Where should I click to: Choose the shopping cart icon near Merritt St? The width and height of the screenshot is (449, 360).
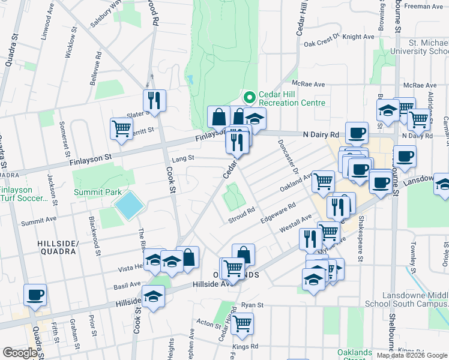click(121, 128)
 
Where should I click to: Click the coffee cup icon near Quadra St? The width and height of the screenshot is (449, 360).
click(35, 295)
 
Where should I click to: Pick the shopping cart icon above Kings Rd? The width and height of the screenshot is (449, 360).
click(243, 323)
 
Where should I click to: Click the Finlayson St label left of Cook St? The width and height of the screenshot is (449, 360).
click(91, 157)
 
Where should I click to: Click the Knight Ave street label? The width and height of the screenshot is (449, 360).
click(359, 37)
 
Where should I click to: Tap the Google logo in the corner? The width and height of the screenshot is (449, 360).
click(20, 353)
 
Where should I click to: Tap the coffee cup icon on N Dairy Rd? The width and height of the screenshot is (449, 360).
click(357, 132)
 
